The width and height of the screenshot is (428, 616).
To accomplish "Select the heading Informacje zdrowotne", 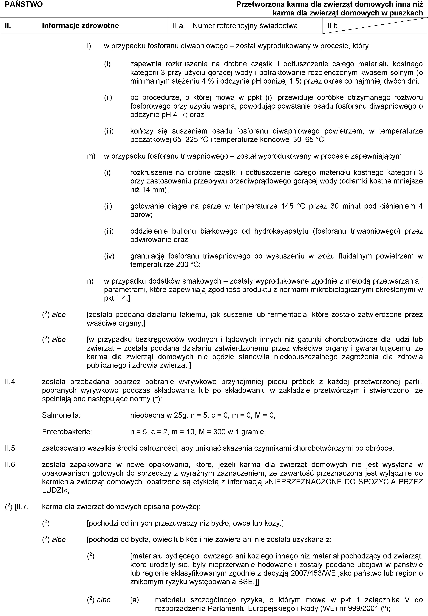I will (80, 26).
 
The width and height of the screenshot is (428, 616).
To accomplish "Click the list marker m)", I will (91, 156).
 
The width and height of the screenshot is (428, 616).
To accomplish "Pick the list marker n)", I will (90, 281).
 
